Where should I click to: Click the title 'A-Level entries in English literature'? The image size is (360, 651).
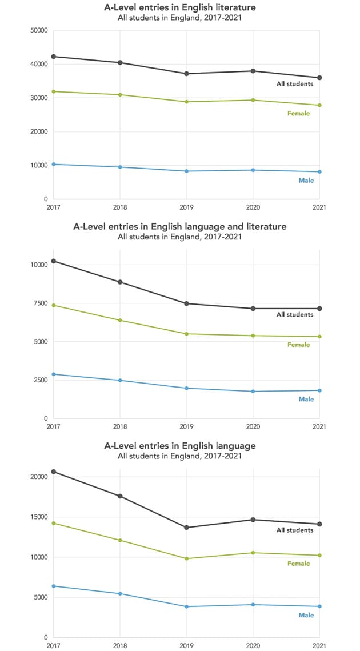(x=179, y=7)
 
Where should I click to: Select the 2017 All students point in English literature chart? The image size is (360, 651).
(x=54, y=57)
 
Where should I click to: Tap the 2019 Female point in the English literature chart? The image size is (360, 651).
(x=187, y=102)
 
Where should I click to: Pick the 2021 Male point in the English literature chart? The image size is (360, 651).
(x=320, y=171)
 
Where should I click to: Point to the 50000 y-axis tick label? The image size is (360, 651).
(x=39, y=30)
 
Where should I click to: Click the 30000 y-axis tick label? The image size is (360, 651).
(x=39, y=98)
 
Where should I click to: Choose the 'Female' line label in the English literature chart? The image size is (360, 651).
(x=298, y=113)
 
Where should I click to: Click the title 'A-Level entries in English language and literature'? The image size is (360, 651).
(x=179, y=226)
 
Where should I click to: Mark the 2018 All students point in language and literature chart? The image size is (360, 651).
(x=120, y=282)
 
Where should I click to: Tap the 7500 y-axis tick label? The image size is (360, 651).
(x=41, y=303)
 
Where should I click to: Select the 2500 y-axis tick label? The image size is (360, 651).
(x=41, y=380)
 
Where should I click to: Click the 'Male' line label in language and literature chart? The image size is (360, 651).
(x=306, y=399)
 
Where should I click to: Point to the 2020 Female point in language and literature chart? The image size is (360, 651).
(x=253, y=336)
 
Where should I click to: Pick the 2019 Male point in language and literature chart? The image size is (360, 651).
(x=187, y=388)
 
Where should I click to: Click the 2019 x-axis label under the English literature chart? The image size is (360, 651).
(x=187, y=207)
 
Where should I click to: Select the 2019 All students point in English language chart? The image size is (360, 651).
(x=187, y=527)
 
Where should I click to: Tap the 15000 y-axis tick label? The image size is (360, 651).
(x=39, y=517)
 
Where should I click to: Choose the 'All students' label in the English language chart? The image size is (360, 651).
(x=295, y=530)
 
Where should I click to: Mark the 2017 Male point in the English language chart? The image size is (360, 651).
(x=54, y=586)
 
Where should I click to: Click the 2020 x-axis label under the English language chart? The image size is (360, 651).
(x=253, y=646)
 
